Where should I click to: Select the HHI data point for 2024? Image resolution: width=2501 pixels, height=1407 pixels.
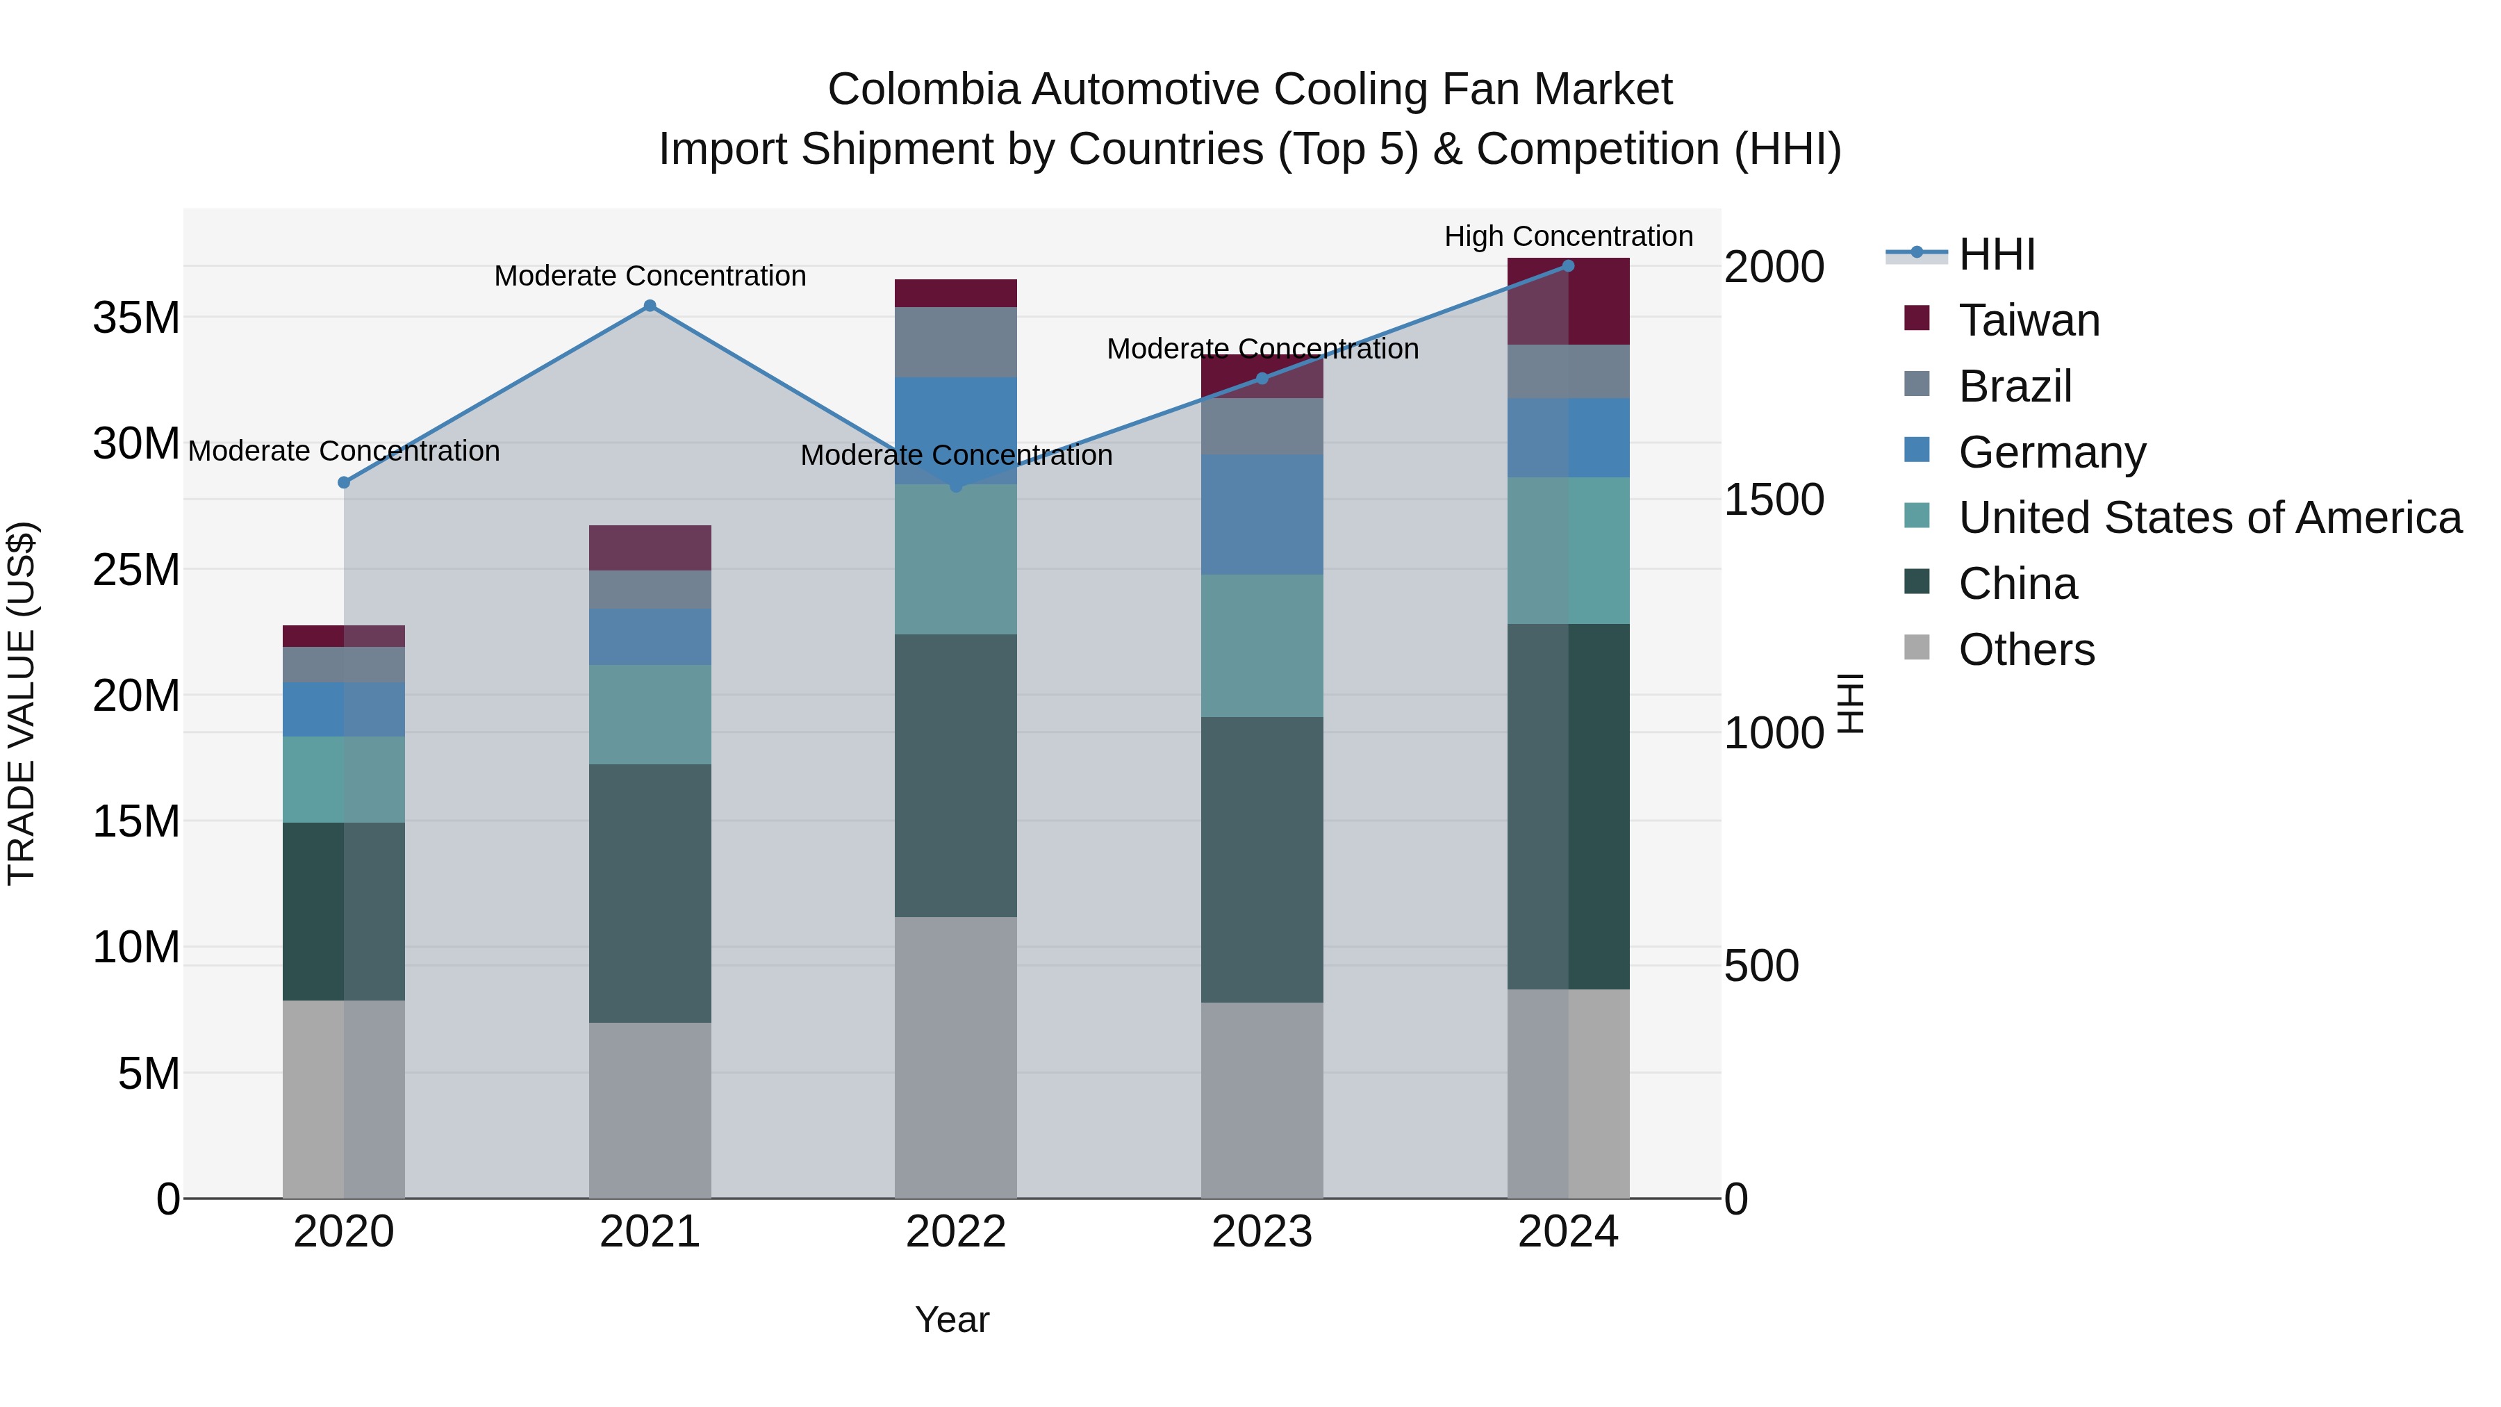pos(1568,266)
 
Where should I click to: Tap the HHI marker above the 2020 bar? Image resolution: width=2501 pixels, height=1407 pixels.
pos(344,483)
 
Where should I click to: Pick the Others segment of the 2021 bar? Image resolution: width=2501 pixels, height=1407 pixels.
pos(650,1109)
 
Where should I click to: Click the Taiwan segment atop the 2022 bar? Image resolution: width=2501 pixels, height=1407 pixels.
pos(955,293)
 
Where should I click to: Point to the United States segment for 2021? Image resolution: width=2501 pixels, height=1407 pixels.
pos(650,715)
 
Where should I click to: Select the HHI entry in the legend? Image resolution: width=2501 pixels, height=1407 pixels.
pos(1996,254)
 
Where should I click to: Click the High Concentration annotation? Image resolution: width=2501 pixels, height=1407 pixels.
pos(1568,236)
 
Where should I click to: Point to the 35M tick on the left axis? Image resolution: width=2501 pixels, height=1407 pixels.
pos(137,318)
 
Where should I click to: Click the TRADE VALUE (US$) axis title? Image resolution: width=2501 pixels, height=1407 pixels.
pos(22,703)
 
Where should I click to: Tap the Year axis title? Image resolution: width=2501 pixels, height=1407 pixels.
pos(952,1319)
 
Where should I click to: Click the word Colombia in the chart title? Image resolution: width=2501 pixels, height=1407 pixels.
pos(923,90)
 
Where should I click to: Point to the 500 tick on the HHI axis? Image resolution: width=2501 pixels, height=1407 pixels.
pos(1761,966)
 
